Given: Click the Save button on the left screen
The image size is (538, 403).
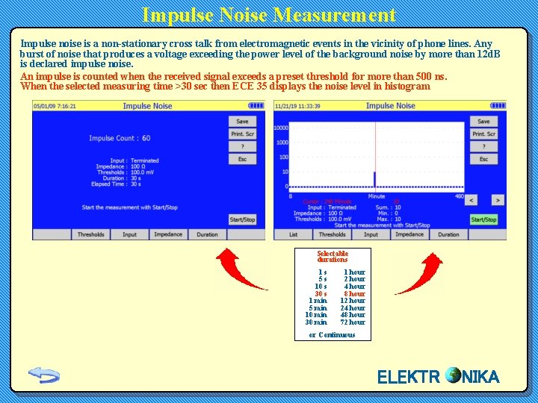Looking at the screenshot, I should [x=242, y=121].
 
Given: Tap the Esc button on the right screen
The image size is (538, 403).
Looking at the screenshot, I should [x=483, y=159].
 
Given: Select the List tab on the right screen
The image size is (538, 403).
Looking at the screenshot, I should [x=294, y=234].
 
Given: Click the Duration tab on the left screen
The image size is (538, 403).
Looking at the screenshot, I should [x=207, y=234].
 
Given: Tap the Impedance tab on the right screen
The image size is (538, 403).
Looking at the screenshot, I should [x=409, y=234].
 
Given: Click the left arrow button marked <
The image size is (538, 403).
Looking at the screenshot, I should [x=471, y=200].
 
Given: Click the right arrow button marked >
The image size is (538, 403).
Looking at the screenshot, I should [x=497, y=200].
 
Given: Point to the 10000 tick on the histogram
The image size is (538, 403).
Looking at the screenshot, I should [x=281, y=128].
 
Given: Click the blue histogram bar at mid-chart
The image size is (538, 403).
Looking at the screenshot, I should [x=375, y=179].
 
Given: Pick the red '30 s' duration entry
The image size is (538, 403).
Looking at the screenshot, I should [x=321, y=294].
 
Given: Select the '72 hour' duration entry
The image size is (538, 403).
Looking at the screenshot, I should [x=353, y=322].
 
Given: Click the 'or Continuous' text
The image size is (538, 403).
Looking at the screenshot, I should [x=333, y=335].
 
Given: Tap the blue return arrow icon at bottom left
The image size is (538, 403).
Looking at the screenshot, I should [x=44, y=375].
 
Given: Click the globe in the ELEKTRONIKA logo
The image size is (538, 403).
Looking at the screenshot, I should [x=453, y=375].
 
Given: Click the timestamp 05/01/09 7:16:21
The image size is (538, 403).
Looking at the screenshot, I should [x=55, y=106].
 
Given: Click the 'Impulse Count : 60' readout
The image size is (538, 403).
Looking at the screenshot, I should [x=120, y=138].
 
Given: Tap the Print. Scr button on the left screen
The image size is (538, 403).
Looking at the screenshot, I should [x=242, y=134].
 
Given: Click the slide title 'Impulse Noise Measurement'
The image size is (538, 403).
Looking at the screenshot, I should [x=269, y=15].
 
